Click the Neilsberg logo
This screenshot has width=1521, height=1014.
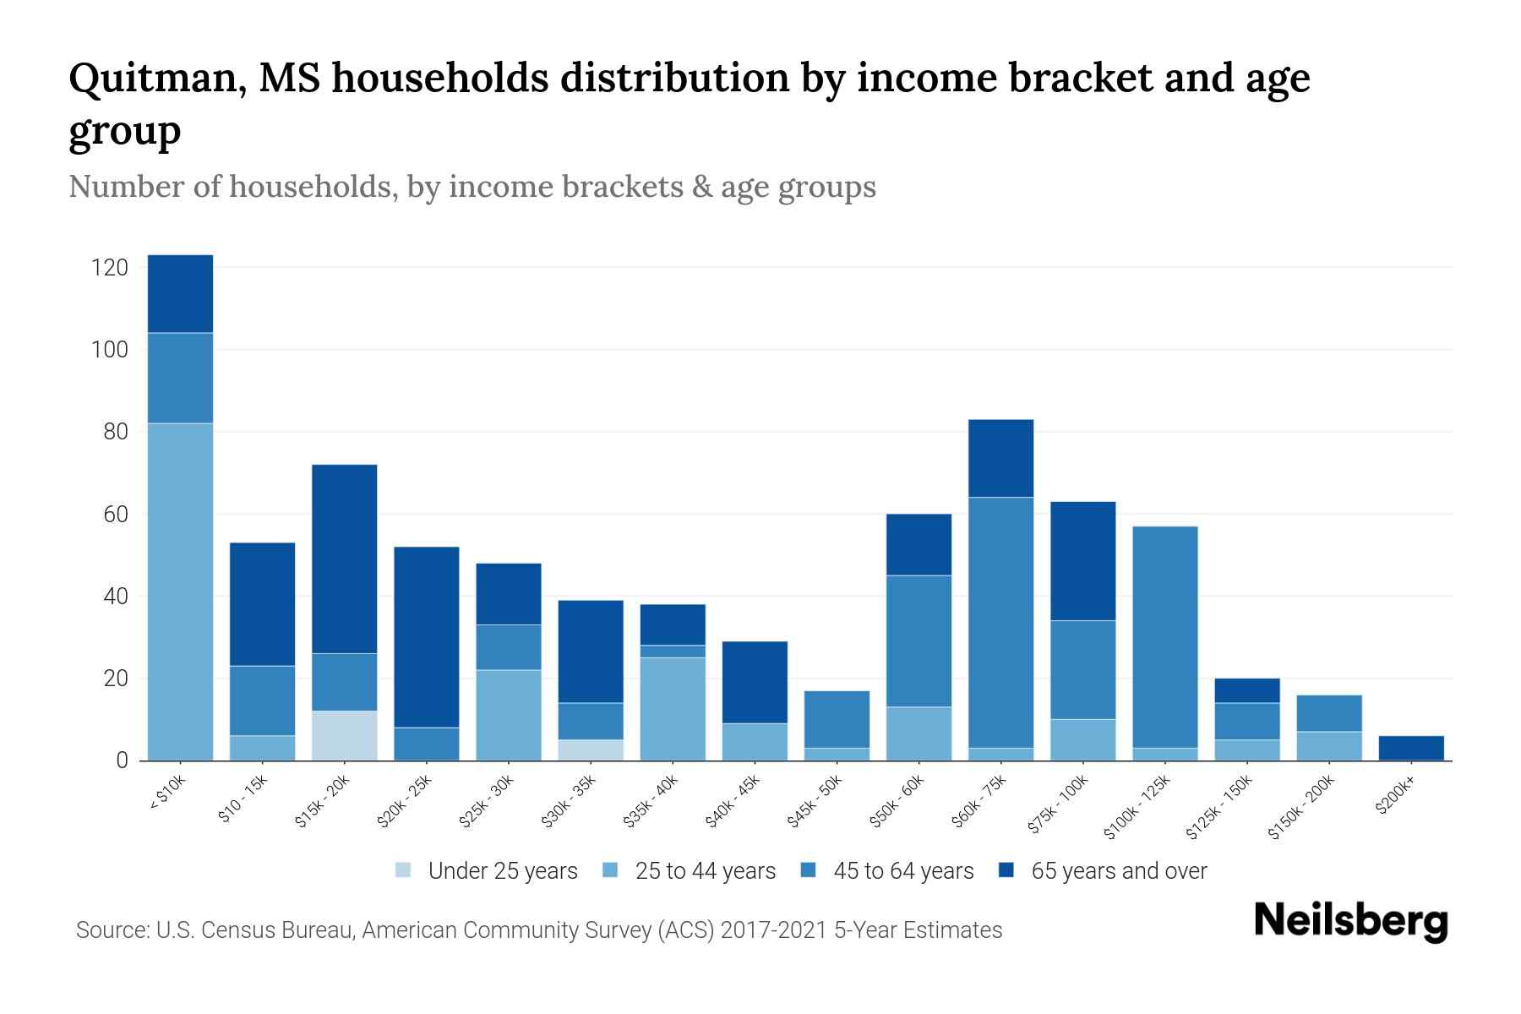[x=1350, y=921]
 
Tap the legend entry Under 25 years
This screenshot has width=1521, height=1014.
[x=502, y=871]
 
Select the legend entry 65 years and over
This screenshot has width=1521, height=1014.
[x=1118, y=871]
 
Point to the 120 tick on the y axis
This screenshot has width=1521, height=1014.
[x=110, y=268]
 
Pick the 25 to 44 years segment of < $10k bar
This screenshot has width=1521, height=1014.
[x=180, y=591]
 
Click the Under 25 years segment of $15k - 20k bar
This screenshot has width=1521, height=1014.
[x=345, y=735]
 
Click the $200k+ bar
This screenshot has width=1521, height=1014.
[x=1411, y=748]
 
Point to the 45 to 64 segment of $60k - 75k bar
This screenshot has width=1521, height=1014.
[x=1000, y=622]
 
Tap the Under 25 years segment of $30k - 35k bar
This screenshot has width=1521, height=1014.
[x=591, y=750]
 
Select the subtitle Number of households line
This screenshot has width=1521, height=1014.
[x=472, y=187]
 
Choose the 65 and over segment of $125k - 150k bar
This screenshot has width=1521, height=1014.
[x=1246, y=690]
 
